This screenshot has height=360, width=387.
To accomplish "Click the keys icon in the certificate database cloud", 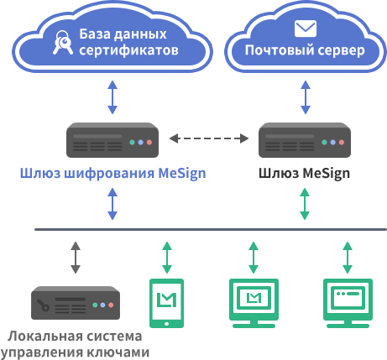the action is (x=62, y=43).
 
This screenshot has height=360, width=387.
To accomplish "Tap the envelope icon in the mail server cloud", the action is (x=306, y=29).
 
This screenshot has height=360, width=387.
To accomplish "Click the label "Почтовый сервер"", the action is (x=305, y=50).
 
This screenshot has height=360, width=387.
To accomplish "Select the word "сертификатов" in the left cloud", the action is (x=128, y=50).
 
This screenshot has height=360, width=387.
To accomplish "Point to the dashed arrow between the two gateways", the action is (x=209, y=138).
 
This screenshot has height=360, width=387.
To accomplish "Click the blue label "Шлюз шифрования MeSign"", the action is (x=112, y=174).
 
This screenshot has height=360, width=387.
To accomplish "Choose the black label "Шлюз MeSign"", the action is (x=304, y=174).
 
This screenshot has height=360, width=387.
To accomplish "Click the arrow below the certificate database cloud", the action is (x=112, y=97).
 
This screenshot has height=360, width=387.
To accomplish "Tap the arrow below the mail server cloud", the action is (x=306, y=97).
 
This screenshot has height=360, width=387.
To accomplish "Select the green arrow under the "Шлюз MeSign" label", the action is (x=305, y=204).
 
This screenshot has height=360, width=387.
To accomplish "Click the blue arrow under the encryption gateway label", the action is (x=112, y=204).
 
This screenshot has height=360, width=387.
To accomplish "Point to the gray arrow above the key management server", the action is (x=76, y=258).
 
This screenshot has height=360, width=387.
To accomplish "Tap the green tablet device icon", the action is (x=167, y=303).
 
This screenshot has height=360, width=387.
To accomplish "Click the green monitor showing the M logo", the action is (x=254, y=303).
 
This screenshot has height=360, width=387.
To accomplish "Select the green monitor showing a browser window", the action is (x=348, y=303).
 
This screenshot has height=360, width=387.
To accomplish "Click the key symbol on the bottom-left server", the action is (x=44, y=305).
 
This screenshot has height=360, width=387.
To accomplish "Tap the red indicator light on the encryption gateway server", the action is (x=149, y=143).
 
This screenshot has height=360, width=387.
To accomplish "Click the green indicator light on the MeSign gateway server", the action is (x=324, y=143).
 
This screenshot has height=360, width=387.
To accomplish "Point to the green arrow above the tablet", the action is (x=167, y=258).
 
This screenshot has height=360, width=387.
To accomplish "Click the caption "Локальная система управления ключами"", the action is (x=75, y=344).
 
